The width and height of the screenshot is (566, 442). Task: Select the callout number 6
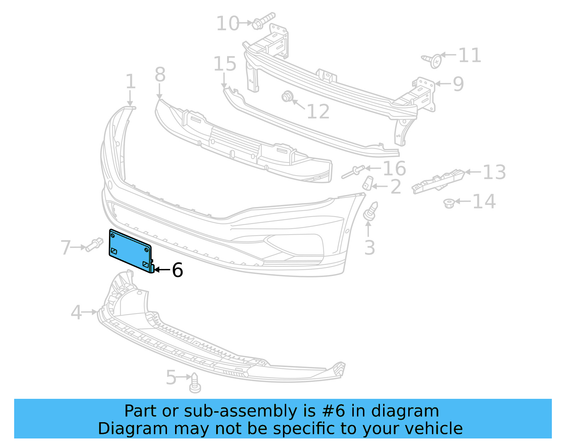pos(177,270)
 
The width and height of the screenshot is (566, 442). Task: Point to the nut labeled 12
pos(287,96)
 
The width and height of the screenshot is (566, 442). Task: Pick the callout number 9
pos(458,84)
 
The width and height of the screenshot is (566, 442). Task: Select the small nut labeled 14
pos(449,203)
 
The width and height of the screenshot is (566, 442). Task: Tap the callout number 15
pos(225,64)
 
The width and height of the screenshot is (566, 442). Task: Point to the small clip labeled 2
pos(368,183)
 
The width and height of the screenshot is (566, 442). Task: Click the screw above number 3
pos(370,212)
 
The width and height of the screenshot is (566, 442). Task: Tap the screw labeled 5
pos(195,383)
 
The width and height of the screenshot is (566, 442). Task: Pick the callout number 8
pos(160,75)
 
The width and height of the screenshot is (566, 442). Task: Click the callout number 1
pos(131,82)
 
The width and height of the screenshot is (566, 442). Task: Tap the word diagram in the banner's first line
pos(412,411)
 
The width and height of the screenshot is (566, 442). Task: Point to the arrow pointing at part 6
pos(162,270)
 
